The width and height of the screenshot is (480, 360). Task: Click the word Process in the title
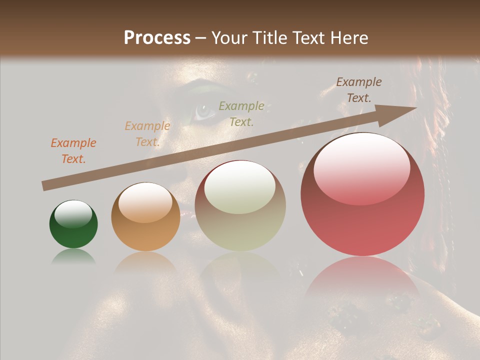[x=157, y=38]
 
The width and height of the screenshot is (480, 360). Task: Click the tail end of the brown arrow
[x=45, y=186]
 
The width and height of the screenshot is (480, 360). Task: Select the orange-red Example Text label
[x=73, y=151]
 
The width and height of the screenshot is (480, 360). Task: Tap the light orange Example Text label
[x=147, y=134]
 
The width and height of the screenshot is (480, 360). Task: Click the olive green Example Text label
[x=241, y=113]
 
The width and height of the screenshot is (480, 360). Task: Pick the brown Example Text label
[x=358, y=90]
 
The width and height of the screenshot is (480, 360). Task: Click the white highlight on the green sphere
[x=73, y=214]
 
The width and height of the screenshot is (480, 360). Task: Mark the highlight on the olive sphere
[x=240, y=188]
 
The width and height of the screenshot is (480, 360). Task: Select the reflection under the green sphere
[x=73, y=256]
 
